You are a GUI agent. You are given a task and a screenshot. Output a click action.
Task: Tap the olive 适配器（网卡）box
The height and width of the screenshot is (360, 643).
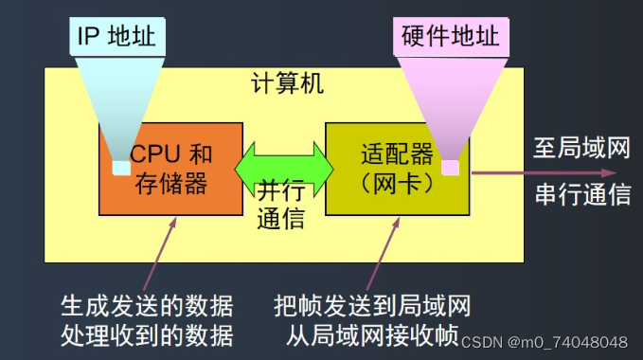pyautogui.click(x=397, y=194)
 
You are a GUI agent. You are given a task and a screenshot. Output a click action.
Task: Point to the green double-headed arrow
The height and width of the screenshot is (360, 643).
pyautogui.click(x=284, y=168)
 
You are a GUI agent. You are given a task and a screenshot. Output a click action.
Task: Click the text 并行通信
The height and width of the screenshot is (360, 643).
pyautogui.click(x=281, y=205)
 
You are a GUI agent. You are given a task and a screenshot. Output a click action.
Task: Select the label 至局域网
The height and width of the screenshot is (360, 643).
pyautogui.click(x=581, y=150)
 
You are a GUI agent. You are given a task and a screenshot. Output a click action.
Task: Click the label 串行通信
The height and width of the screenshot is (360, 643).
pyautogui.click(x=581, y=194)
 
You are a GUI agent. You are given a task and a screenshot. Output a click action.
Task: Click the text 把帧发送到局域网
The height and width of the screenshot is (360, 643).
pyautogui.click(x=371, y=306)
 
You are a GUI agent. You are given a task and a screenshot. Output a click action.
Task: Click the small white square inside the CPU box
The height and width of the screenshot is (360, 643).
pyautogui.click(x=120, y=168)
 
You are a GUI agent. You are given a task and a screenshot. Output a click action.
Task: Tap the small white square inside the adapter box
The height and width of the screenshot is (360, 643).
pyautogui.click(x=451, y=168)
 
